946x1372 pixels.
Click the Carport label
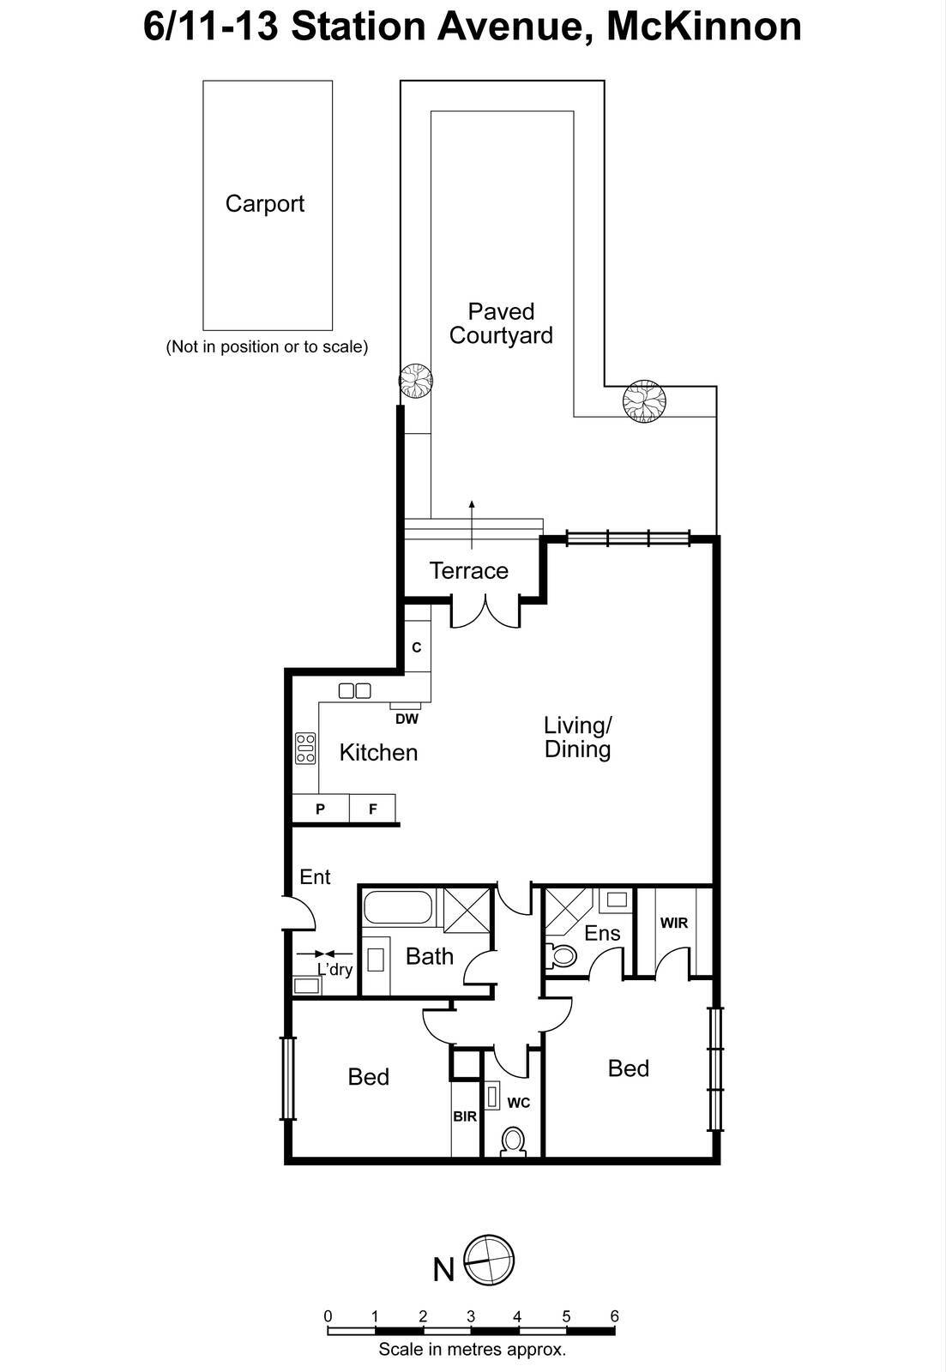pos(264,204)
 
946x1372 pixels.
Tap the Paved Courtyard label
pos(501,323)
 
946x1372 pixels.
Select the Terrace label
pos(468,571)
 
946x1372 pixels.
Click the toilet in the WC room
pos(513,1141)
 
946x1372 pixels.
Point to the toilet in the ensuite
pos(562,955)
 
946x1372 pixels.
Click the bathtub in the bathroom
pos(397,908)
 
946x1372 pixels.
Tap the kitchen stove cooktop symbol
pos(305,748)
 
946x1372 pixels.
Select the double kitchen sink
pos(354,689)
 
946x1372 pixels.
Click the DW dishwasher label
pos(407,719)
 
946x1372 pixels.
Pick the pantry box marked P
pos(320,809)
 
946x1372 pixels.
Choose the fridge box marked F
pos(373,809)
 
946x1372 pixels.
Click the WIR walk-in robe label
pos(674,923)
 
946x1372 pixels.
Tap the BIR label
pos(465,1116)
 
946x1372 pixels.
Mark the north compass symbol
pos(489,1261)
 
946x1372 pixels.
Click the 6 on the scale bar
pos(613,1315)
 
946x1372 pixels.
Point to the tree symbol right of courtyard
pos(644,400)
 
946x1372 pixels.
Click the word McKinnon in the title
pos(703,27)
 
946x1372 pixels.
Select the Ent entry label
pos(315,876)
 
